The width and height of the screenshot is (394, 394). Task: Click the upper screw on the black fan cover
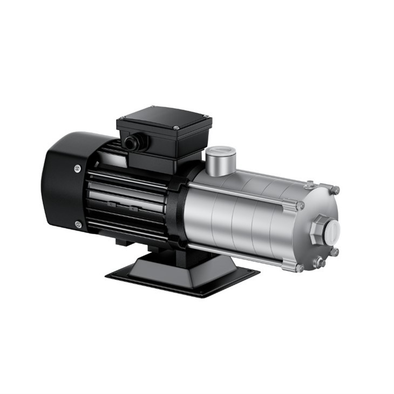tap(77, 168)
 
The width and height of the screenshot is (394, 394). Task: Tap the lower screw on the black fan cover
tap(78, 224)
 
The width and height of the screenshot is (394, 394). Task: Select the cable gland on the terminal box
tap(130, 143)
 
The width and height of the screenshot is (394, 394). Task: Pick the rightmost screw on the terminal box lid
tap(206, 116)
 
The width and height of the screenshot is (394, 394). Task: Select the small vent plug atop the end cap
tap(309, 185)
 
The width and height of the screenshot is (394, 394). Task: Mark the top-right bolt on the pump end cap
tap(336, 190)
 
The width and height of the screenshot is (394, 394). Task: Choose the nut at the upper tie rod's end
tap(300, 205)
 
